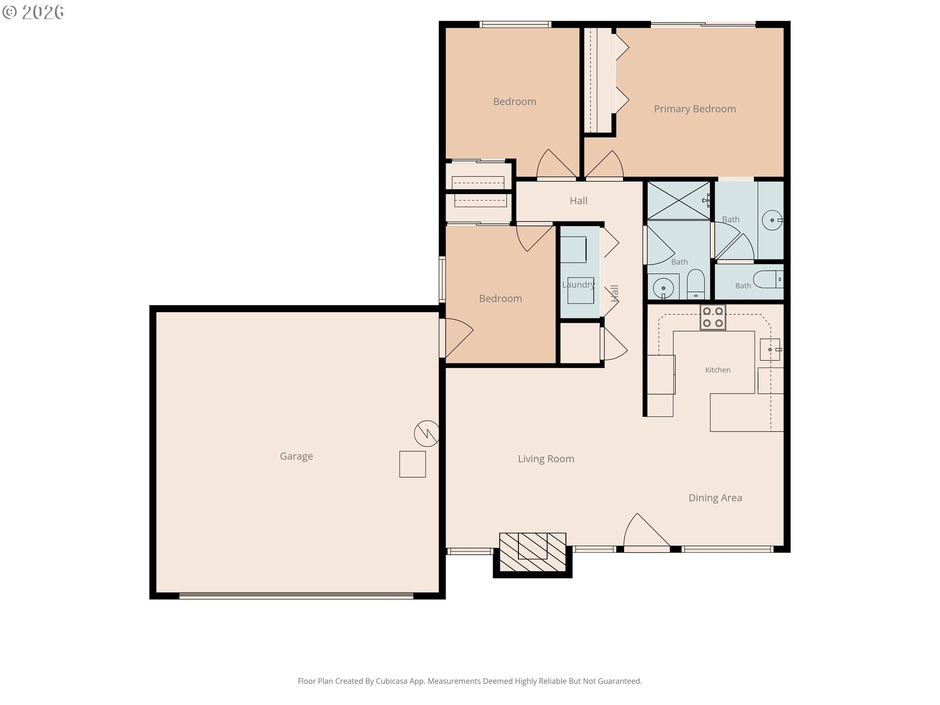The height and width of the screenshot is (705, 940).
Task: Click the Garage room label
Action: [x=296, y=456]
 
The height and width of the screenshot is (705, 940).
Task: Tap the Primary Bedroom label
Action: [x=695, y=109]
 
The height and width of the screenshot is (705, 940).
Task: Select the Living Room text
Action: [x=546, y=459]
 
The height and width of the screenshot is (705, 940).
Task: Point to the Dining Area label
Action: [x=715, y=498]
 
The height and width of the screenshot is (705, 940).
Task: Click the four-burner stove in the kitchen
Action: [x=713, y=317]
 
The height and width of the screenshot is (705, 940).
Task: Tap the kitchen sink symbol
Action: [x=770, y=350]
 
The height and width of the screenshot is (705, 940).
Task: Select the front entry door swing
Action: [x=646, y=531]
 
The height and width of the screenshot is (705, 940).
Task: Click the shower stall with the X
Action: [x=679, y=200]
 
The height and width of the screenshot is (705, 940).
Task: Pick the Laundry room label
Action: [x=578, y=284]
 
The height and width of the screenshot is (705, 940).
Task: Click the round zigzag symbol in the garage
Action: [x=426, y=433]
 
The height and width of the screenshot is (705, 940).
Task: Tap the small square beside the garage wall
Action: [x=412, y=464]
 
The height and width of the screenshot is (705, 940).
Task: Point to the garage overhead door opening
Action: [x=296, y=596]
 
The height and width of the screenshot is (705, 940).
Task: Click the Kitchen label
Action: [x=718, y=370]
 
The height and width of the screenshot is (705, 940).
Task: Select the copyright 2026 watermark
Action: [x=33, y=12]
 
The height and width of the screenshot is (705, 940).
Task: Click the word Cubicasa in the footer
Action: [x=391, y=681]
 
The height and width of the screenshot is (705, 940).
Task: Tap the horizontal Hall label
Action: [x=578, y=201]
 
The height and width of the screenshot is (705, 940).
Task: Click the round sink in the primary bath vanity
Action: [x=772, y=220]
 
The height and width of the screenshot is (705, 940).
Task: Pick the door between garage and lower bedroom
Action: [x=456, y=338]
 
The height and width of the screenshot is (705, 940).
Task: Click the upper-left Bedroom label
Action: [x=515, y=102]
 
